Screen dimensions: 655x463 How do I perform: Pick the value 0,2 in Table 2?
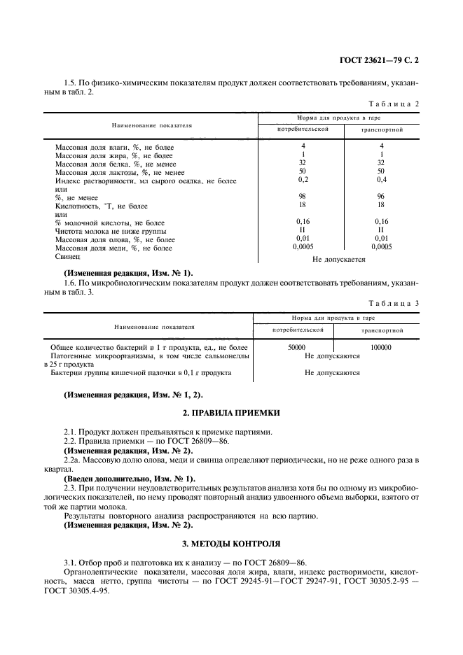click(303, 180)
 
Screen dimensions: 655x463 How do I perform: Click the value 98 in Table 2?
click(303, 197)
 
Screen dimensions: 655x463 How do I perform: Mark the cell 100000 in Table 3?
click(380, 347)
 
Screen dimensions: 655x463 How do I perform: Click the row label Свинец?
click(68, 257)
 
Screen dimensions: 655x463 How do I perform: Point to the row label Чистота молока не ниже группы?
click(106, 231)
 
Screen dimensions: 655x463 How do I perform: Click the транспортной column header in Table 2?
click(381, 130)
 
